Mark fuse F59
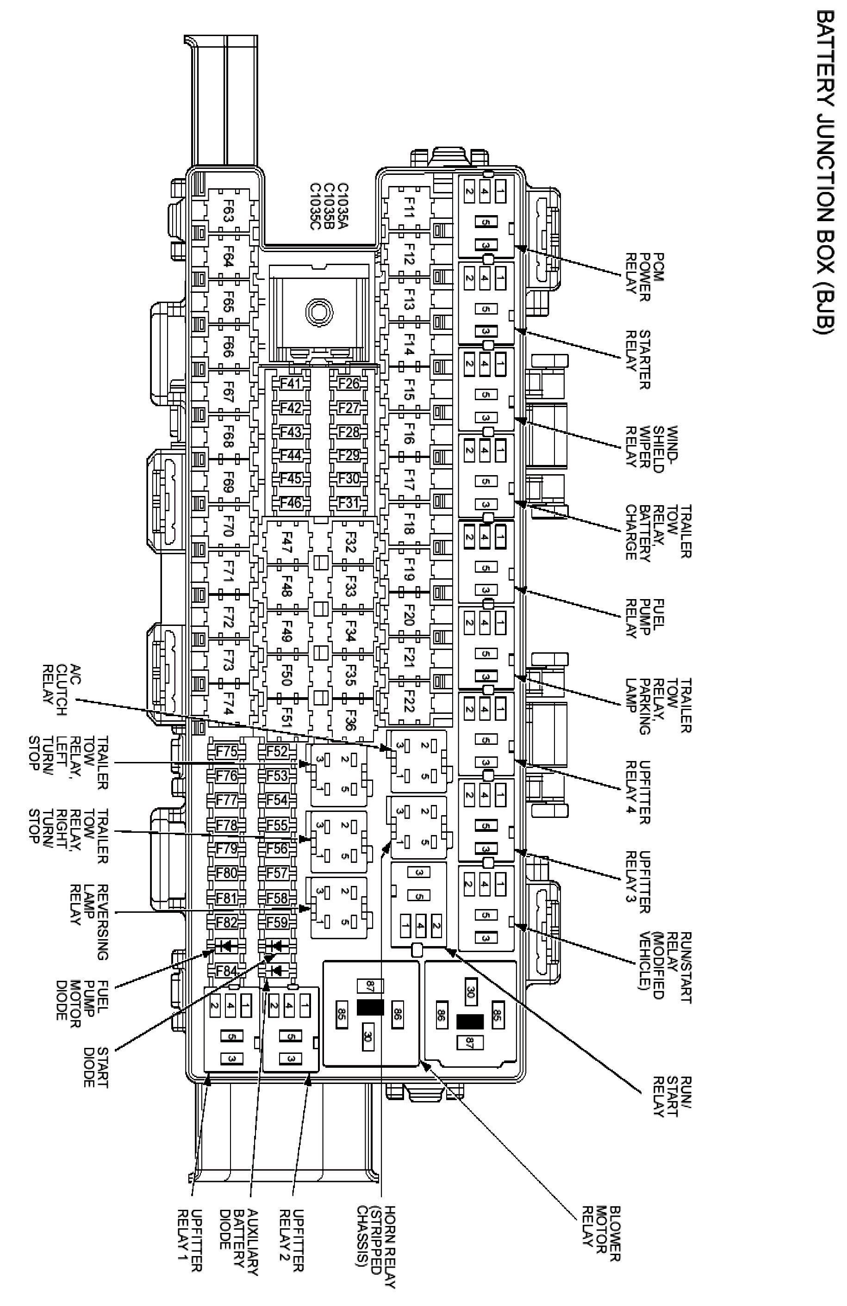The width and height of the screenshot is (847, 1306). click(x=277, y=922)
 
